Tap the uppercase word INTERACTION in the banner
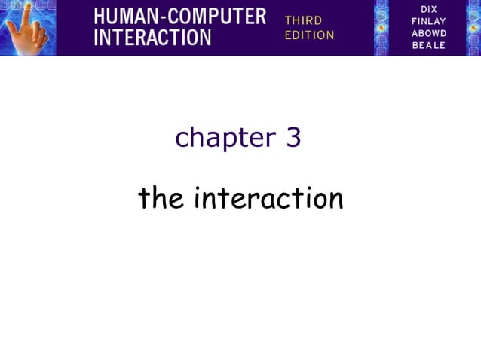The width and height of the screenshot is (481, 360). click(x=152, y=38)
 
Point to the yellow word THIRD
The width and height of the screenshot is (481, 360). click(x=303, y=20)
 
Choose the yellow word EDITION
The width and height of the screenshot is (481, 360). click(x=309, y=35)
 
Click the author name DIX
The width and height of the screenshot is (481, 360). click(x=429, y=9)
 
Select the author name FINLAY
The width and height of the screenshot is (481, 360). click(x=429, y=21)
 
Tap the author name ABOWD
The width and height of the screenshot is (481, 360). click(x=429, y=33)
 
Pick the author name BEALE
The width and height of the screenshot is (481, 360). click(x=429, y=45)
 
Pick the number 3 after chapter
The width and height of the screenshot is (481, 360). click(x=293, y=138)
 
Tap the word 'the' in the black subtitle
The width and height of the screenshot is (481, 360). click(x=161, y=199)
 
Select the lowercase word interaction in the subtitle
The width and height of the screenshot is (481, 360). click(x=268, y=199)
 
